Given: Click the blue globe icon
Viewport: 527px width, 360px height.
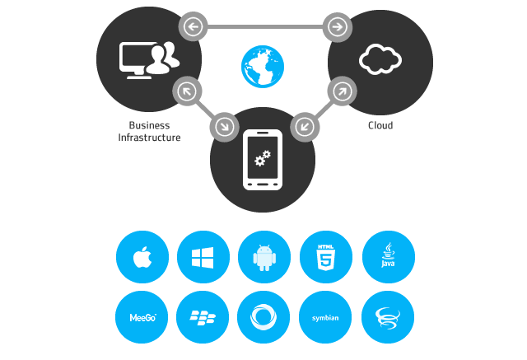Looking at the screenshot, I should coord(263,67).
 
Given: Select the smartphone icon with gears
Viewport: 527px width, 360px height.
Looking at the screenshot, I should coord(263,160).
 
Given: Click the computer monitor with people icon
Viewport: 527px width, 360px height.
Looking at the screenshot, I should coord(149,58).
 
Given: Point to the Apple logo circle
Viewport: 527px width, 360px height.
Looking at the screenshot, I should coord(142,257).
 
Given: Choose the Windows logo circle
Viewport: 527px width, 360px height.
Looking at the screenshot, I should coord(203,257).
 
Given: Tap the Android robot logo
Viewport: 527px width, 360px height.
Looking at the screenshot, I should coord(264,257).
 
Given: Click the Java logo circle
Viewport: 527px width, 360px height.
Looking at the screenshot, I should coord(388,257).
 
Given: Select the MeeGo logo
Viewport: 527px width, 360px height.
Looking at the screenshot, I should coord(142,317).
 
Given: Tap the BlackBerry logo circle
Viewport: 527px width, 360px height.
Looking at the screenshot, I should coord(203,317).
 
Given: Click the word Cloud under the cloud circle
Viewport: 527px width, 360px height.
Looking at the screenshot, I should coord(380,125).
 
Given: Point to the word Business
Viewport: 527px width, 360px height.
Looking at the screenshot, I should coord(149,125).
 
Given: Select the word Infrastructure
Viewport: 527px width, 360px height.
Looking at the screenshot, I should coord(149,138).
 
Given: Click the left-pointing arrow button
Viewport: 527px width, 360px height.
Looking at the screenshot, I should coord(194,27).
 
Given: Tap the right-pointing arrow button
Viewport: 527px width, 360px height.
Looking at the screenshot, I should coord(336,27).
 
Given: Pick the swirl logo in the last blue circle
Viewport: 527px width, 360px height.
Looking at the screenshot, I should coord(388,317).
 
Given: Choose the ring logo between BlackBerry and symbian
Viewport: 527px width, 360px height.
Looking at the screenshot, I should coord(264,317).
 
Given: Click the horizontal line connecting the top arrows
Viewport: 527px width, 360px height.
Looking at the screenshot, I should coord(264,27).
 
